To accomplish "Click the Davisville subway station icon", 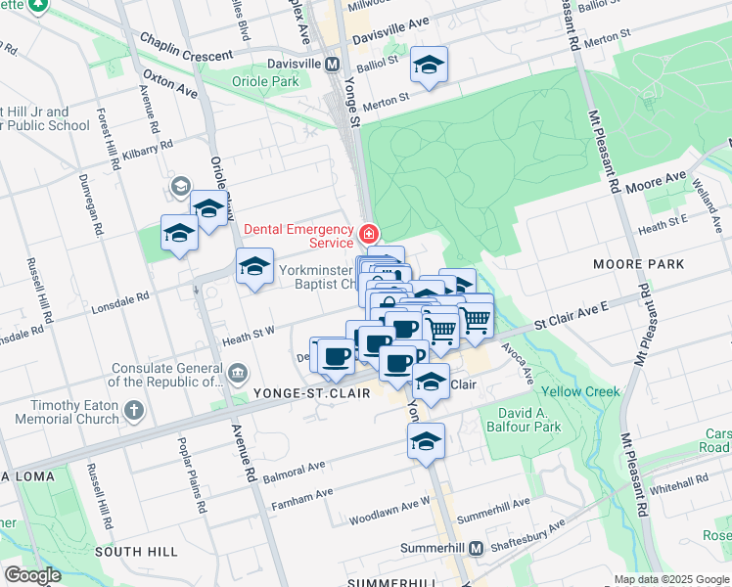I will point(332,65).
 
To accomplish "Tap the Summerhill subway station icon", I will point(476,549).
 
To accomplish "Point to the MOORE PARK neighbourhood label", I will point(637,264).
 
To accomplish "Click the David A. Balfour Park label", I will point(520,420).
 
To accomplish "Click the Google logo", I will point(33,575).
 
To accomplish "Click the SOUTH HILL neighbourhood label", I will point(136,553).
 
